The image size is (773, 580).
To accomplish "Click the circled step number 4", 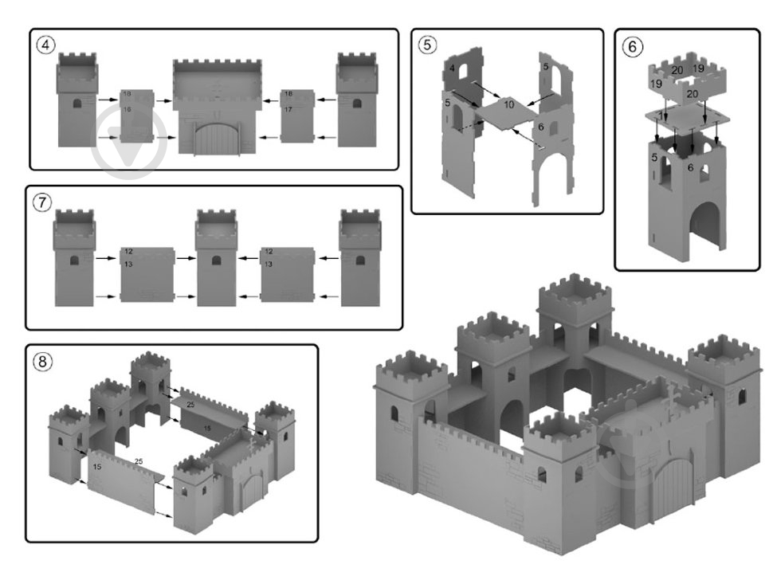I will pos(46,45).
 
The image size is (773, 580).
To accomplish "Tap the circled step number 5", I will pos(428,45).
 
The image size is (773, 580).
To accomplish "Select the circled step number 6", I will pos(631,46).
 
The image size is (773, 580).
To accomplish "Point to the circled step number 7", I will pos(41,202).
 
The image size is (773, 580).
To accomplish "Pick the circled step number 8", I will pos(42,361).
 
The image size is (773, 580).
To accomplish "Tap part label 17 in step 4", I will pos(288,109).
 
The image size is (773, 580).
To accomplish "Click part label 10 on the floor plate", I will pos(509,104).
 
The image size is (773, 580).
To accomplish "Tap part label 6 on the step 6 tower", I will pos(690,167).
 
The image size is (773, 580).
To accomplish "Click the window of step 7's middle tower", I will pos(217,261).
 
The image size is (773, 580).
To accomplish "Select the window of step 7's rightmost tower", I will pos(359,261).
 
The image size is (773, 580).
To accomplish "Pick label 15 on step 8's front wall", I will pos(96,466).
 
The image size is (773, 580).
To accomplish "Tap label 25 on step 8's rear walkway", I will pos(190,405).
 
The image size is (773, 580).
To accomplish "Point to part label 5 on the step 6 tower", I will pos(654,159).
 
